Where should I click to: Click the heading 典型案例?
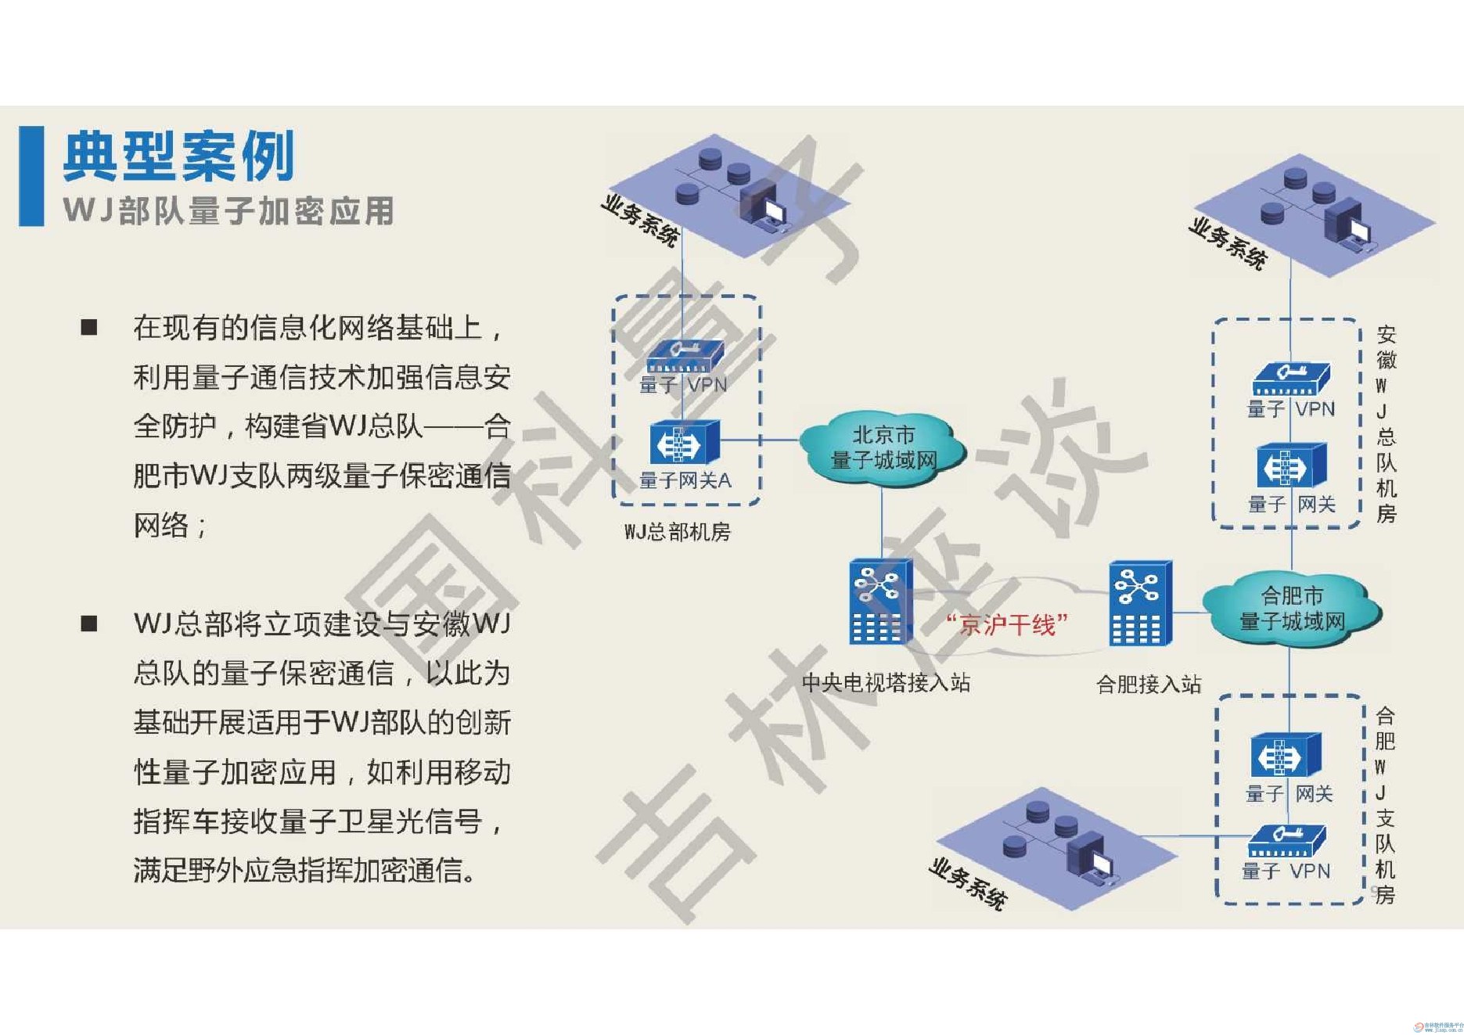click(179, 156)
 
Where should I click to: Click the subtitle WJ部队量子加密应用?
click(228, 211)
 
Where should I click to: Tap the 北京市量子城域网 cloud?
click(883, 448)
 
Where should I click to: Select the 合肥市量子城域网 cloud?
click(1292, 609)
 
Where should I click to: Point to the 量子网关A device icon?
click(684, 443)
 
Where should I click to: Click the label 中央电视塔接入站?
click(886, 683)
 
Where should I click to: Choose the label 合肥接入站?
click(1149, 685)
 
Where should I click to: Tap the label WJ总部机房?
click(677, 532)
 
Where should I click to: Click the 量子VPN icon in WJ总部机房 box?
click(684, 358)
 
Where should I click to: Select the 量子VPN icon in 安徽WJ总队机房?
click(1291, 379)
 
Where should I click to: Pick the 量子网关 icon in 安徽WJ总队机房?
click(1291, 466)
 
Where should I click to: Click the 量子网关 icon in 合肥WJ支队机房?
click(1285, 756)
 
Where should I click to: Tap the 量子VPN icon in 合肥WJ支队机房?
click(1286, 842)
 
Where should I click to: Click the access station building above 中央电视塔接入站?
click(881, 601)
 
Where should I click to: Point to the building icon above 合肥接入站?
click(1140, 603)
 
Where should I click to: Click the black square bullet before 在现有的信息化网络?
click(89, 327)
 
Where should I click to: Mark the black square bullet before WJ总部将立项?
click(89, 624)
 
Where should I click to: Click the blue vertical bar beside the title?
click(31, 176)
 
